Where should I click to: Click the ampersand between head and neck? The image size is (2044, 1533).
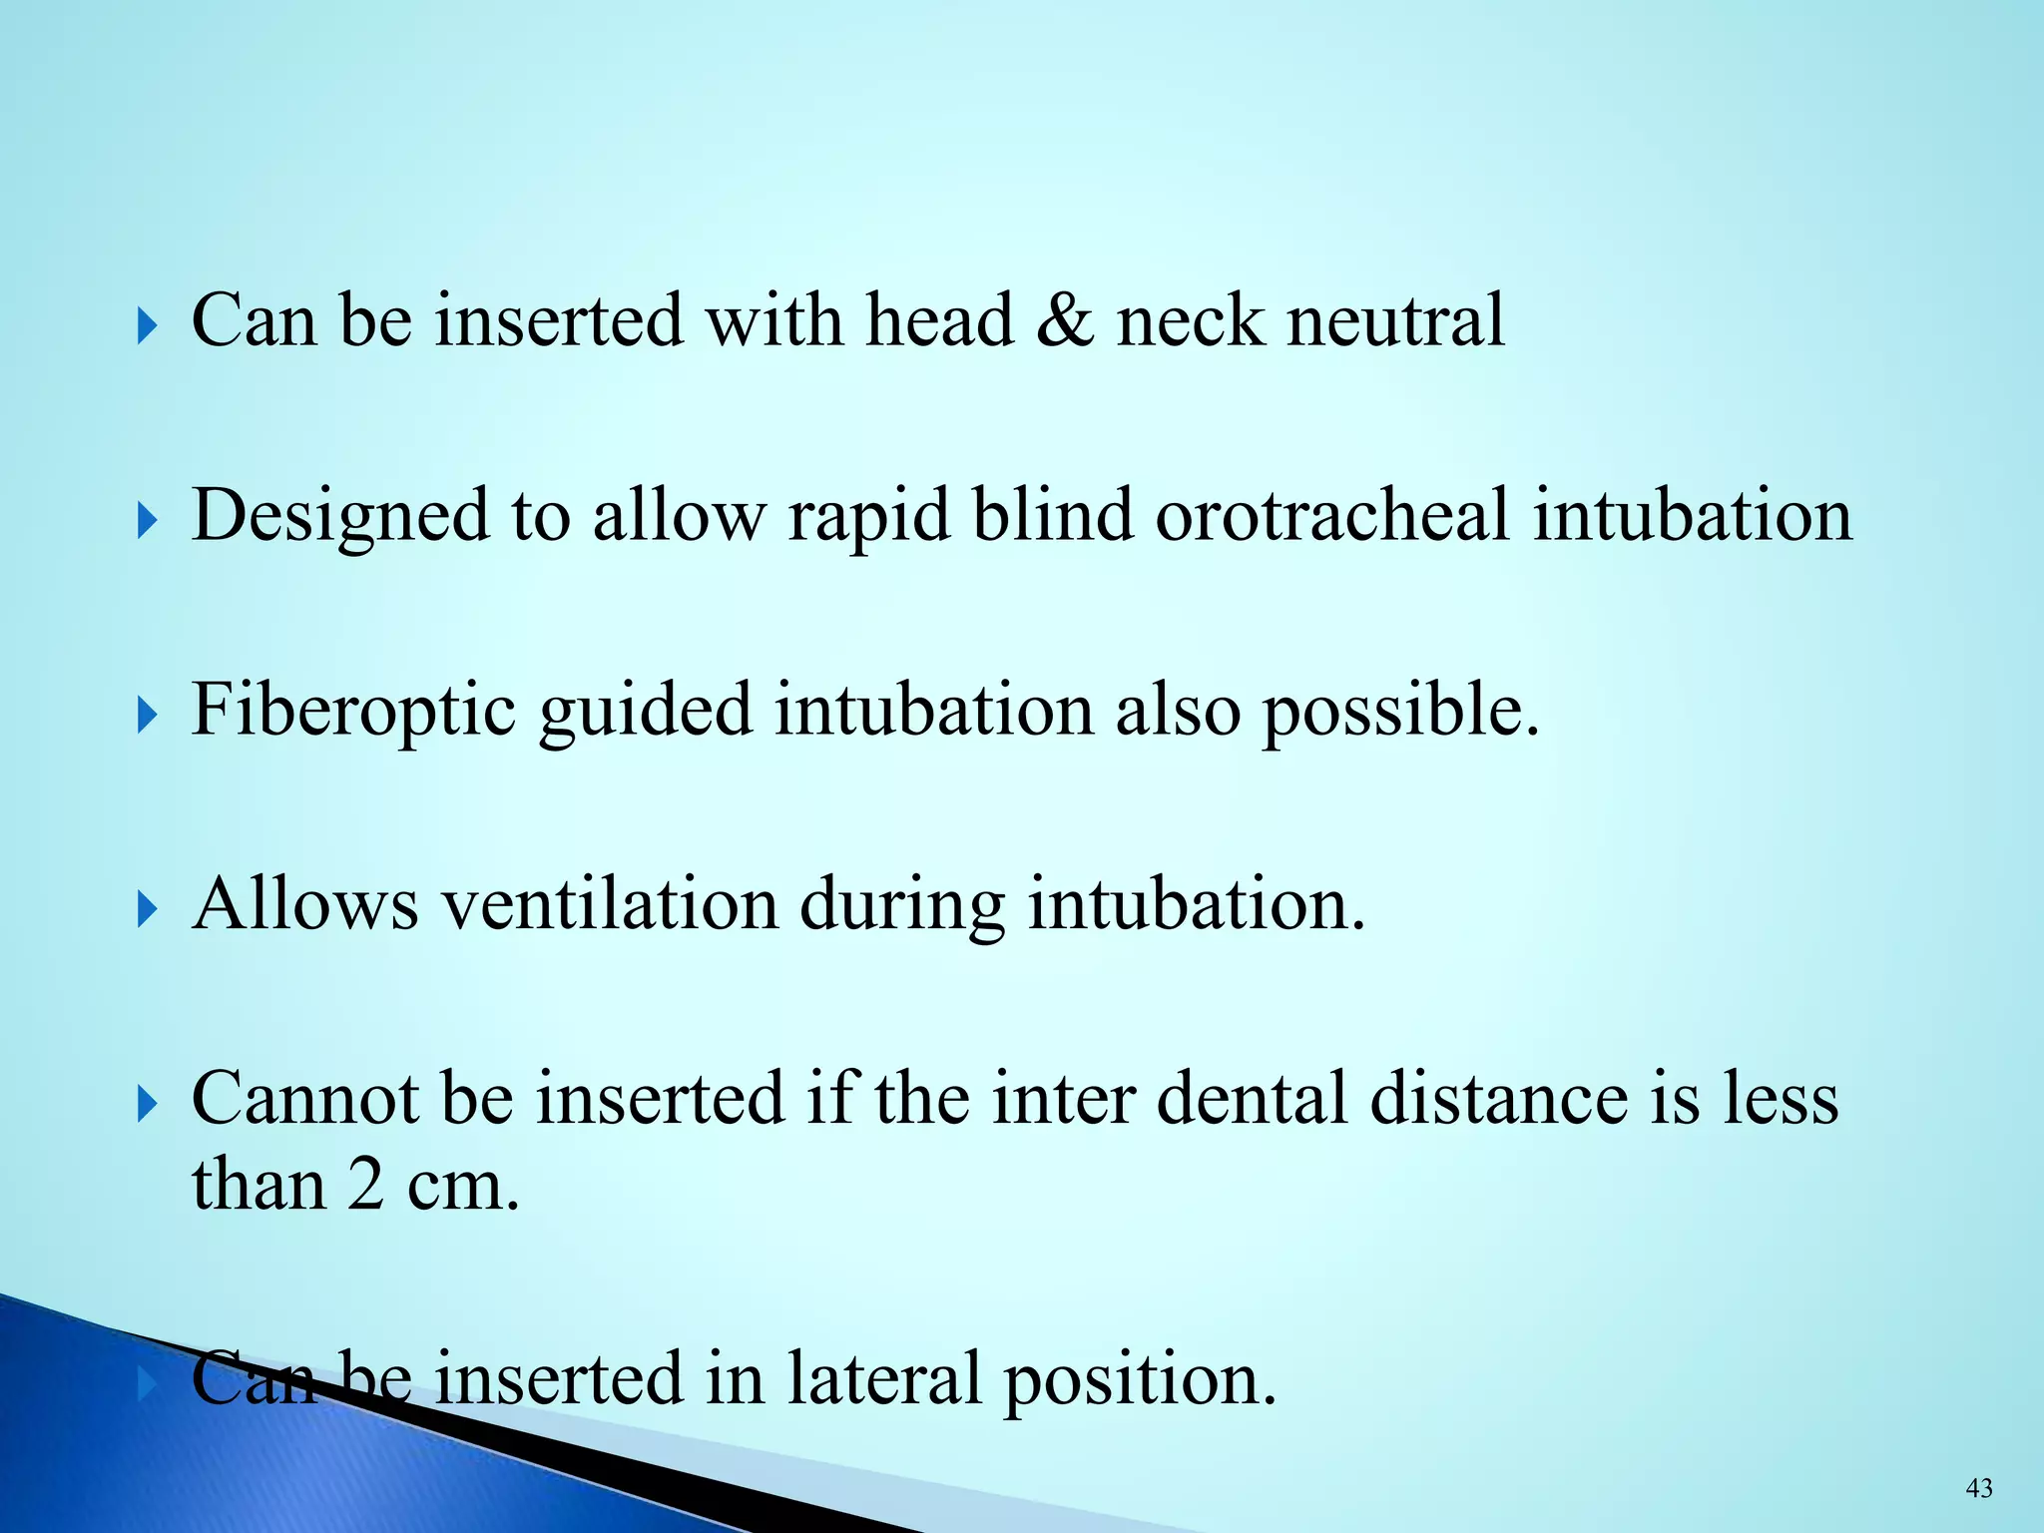click(1064, 321)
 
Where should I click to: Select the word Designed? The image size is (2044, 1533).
click(340, 516)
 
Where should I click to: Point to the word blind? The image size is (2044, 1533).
click(1053, 516)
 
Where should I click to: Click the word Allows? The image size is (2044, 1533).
click(305, 904)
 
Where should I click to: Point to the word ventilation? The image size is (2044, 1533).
click(610, 904)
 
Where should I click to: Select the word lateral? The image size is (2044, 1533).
click(884, 1378)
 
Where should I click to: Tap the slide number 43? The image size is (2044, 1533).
click(1979, 1489)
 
